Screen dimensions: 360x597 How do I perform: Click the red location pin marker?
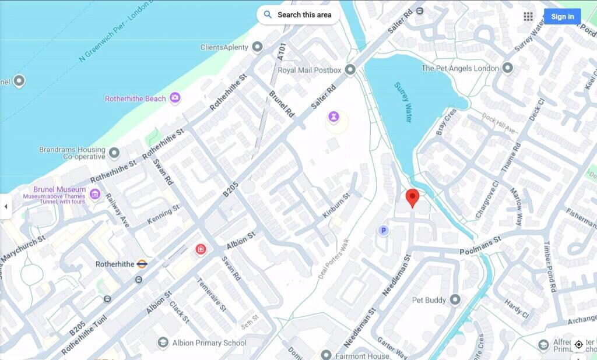pyautogui.click(x=412, y=197)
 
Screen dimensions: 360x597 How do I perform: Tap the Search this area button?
pyautogui.click(x=298, y=15)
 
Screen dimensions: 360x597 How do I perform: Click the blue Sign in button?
pyautogui.click(x=562, y=16)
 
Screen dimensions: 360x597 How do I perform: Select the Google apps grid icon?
pyautogui.click(x=528, y=16)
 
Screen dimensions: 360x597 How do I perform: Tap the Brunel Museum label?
pyautogui.click(x=59, y=190)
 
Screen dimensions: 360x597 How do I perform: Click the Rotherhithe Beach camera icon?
pyautogui.click(x=175, y=98)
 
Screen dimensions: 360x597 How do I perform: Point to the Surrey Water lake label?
pyautogui.click(x=403, y=102)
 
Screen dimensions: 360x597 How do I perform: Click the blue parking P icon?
pyautogui.click(x=383, y=231)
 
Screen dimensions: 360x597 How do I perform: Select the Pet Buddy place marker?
pyautogui.click(x=455, y=300)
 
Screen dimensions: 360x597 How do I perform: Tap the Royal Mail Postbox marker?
pyautogui.click(x=350, y=70)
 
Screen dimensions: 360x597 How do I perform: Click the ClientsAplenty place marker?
pyautogui.click(x=257, y=47)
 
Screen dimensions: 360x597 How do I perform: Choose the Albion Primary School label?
pyautogui.click(x=209, y=343)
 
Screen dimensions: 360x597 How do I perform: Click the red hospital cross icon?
pyautogui.click(x=201, y=249)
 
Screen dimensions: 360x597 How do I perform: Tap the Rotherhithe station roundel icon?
pyautogui.click(x=142, y=264)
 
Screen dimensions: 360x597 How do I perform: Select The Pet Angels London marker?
pyautogui.click(x=508, y=68)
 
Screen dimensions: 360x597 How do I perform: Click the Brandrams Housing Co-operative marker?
pyautogui.click(x=114, y=153)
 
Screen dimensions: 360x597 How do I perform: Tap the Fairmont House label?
pyautogui.click(x=362, y=355)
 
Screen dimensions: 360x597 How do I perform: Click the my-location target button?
pyautogui.click(x=578, y=344)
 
